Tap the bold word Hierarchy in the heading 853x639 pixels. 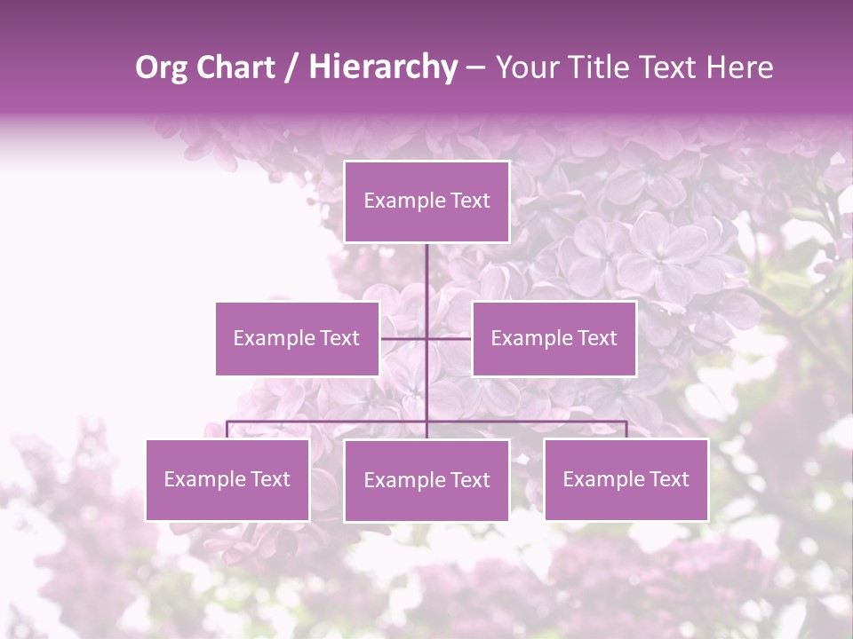click(x=382, y=67)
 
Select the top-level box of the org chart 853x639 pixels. click(x=426, y=201)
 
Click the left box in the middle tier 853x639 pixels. click(x=297, y=338)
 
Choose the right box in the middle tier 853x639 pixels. click(x=554, y=338)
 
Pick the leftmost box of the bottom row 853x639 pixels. click(x=227, y=480)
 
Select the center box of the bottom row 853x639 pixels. click(x=426, y=481)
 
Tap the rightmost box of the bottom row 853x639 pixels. click(x=626, y=480)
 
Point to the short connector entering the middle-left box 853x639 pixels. click(x=402, y=338)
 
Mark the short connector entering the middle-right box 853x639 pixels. click(x=451, y=338)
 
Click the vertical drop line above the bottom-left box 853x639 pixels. click(x=227, y=430)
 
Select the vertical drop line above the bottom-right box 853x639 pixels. click(x=626, y=430)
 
